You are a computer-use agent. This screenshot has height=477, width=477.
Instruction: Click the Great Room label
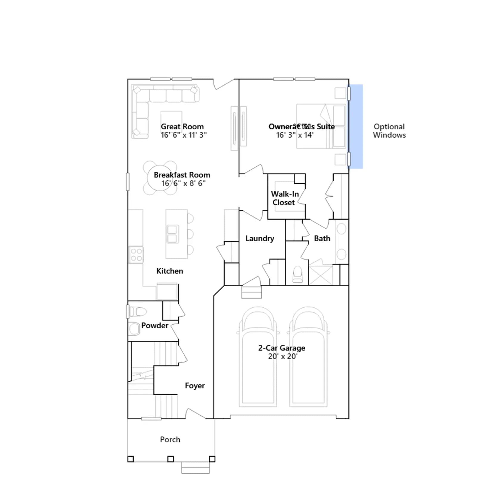pos(182,127)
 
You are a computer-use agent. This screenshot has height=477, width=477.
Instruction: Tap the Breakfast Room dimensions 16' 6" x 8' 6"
pos(183,183)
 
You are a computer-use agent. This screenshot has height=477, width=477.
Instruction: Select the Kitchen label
pos(170,271)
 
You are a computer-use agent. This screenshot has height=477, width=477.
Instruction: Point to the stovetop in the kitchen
pos(136,255)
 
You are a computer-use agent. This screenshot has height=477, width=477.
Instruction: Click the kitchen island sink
pos(172,234)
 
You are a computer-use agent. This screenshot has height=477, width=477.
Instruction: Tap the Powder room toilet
pos(138,312)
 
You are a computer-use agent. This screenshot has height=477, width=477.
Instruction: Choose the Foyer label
pos(195,385)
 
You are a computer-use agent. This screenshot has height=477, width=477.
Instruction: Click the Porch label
pos(170,439)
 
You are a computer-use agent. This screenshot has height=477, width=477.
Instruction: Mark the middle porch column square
pos(171,459)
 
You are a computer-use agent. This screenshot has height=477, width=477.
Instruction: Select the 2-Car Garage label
pos(282,348)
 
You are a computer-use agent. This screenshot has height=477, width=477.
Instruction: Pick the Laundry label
pos(260,238)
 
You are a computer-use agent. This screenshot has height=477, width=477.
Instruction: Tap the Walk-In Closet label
pos(285,198)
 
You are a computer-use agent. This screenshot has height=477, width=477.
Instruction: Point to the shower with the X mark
pos(321,275)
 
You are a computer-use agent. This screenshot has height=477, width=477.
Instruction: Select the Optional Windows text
pos(389,131)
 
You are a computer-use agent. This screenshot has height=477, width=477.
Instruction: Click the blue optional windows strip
pos(356,127)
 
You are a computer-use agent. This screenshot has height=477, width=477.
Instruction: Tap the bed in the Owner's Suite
pos(321,126)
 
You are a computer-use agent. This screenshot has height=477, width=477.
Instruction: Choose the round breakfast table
pos(160,178)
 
